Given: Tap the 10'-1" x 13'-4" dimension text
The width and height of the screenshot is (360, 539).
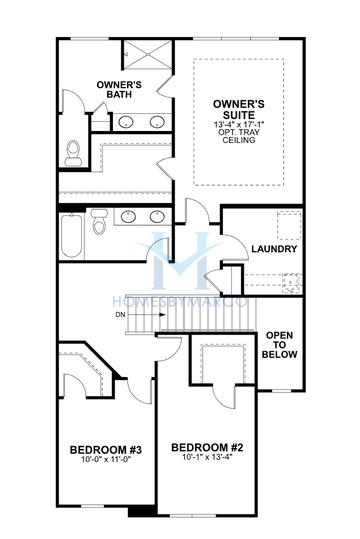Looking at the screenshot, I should pyautogui.click(x=207, y=458).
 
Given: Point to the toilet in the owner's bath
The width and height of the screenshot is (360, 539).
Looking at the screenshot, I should pyautogui.click(x=72, y=152).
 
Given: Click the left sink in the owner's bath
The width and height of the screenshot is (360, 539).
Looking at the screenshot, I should pyautogui.click(x=126, y=122).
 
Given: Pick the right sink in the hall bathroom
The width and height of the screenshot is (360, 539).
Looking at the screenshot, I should pyautogui.click(x=157, y=216).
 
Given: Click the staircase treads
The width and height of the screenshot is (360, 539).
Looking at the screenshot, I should pyautogui.click(x=210, y=318).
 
